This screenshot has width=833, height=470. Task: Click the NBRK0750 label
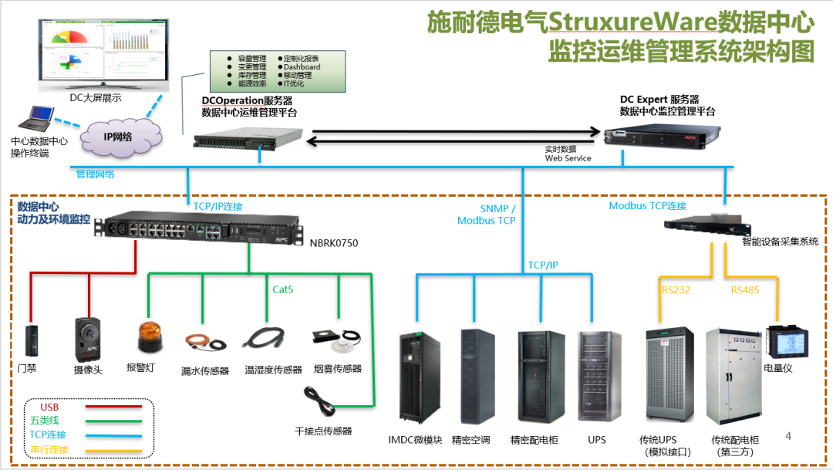click(334, 243)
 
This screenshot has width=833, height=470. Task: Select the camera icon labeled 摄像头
click(86, 337)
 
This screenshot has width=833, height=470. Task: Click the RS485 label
click(745, 290)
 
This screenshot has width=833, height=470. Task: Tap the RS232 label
click(675, 290)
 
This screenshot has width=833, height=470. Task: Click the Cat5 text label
click(283, 289)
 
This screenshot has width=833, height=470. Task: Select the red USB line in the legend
click(113, 406)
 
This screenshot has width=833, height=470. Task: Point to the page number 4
click(787, 436)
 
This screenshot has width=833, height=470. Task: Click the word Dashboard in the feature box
click(302, 67)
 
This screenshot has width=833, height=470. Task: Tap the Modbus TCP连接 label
click(647, 206)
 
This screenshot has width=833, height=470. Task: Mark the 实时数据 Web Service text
click(568, 153)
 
